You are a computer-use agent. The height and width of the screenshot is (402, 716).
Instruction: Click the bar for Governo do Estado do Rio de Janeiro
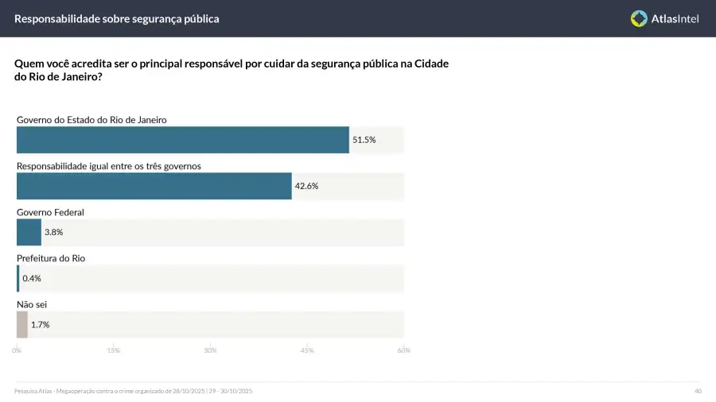(182, 140)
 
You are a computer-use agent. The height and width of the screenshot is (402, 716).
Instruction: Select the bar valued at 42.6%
(154, 186)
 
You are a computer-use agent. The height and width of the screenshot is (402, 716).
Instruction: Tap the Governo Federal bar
(29, 232)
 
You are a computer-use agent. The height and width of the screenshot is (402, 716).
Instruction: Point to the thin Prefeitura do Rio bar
(18, 278)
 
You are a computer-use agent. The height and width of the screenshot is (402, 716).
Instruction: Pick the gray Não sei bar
(22, 324)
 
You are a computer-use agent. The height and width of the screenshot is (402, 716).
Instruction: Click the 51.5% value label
(364, 140)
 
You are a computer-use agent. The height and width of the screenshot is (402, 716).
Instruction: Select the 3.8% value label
(53, 232)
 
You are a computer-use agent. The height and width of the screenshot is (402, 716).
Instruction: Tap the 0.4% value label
(32, 278)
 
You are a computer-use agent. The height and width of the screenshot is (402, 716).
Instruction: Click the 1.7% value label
(41, 324)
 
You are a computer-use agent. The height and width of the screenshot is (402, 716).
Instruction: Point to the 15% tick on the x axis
(113, 350)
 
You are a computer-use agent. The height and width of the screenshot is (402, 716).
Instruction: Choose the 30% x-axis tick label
(210, 350)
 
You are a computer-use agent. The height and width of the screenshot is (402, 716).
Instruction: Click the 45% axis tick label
(307, 350)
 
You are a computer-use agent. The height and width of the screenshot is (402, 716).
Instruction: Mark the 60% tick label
(403, 350)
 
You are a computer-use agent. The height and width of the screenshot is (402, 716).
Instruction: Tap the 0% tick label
(17, 350)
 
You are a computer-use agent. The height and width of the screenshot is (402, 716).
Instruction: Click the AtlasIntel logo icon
(639, 18)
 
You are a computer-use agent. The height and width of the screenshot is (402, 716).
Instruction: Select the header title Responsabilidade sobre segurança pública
(117, 18)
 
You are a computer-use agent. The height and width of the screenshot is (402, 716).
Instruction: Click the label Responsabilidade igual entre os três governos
(109, 166)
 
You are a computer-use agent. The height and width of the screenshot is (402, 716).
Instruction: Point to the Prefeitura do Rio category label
(51, 258)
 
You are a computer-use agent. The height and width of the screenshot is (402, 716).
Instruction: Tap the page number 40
(698, 391)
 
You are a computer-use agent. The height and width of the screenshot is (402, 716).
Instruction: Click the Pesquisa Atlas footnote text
(134, 391)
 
